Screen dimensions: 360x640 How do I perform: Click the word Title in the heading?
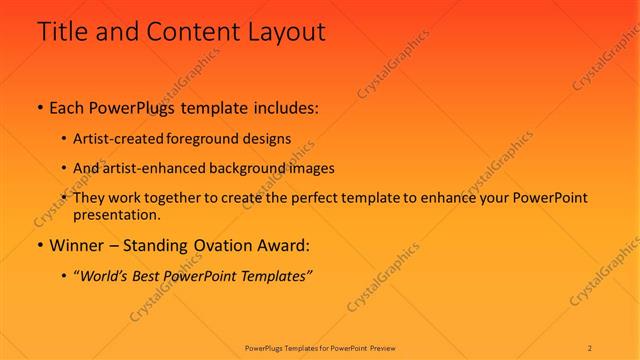[x=62, y=32]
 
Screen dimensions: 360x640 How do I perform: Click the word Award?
[x=285, y=244]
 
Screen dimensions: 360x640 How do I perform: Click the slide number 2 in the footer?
[x=590, y=347]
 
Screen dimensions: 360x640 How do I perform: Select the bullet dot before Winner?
[x=39, y=244]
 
